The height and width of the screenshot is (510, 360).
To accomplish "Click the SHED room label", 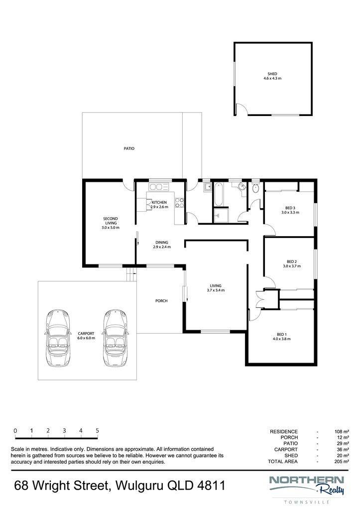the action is tap(272, 74).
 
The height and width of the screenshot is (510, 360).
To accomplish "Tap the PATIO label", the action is tap(129, 148).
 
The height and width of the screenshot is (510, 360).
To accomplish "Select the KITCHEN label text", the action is tap(159, 202).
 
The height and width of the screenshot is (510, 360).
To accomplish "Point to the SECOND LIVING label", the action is tap(111, 221).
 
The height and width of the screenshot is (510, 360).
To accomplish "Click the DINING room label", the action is tap(162, 243).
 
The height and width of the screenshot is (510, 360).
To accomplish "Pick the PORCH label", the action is tap(161, 301).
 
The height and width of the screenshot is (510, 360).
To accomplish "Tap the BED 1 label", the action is tap(282, 334).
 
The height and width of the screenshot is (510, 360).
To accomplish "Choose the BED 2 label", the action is tap(292, 261).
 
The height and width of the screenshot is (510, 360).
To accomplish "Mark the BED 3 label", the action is tap(290, 208).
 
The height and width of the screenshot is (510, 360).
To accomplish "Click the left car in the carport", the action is tap(58, 338).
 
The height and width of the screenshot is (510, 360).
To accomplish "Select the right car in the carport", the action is tap(116, 338).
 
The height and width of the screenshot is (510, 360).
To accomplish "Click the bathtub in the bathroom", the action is tap(219, 194).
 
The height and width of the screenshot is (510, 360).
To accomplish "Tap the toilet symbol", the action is tap(255, 187).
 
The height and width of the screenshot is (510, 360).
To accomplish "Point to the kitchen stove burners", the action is tap(179, 203).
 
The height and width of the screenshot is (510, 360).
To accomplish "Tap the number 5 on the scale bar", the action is tap(97, 431).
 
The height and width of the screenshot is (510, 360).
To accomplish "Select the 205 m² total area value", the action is tap(342, 462).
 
